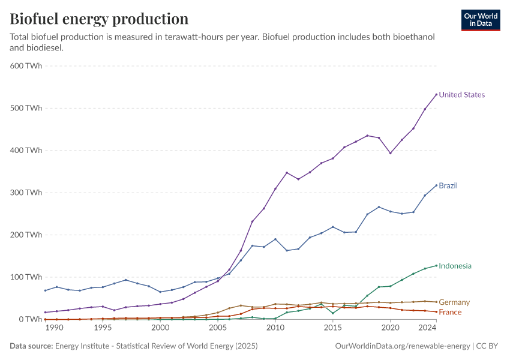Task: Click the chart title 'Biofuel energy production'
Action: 99,19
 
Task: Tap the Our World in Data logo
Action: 480,20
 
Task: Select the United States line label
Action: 461,95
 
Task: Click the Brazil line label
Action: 448,185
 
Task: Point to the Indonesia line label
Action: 455,266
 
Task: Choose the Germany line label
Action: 454,302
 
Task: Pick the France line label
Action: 451,312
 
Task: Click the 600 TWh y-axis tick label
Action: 26,66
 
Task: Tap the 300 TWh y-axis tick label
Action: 26,193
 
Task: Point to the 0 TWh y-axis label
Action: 30,319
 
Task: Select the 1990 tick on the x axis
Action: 55,328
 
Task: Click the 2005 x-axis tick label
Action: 218,328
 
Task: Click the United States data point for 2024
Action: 436,94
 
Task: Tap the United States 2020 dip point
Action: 391,153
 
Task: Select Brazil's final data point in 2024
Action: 436,185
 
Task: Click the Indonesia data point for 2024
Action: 436,265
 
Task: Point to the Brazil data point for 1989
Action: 45,290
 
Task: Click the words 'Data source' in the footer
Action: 31,346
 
